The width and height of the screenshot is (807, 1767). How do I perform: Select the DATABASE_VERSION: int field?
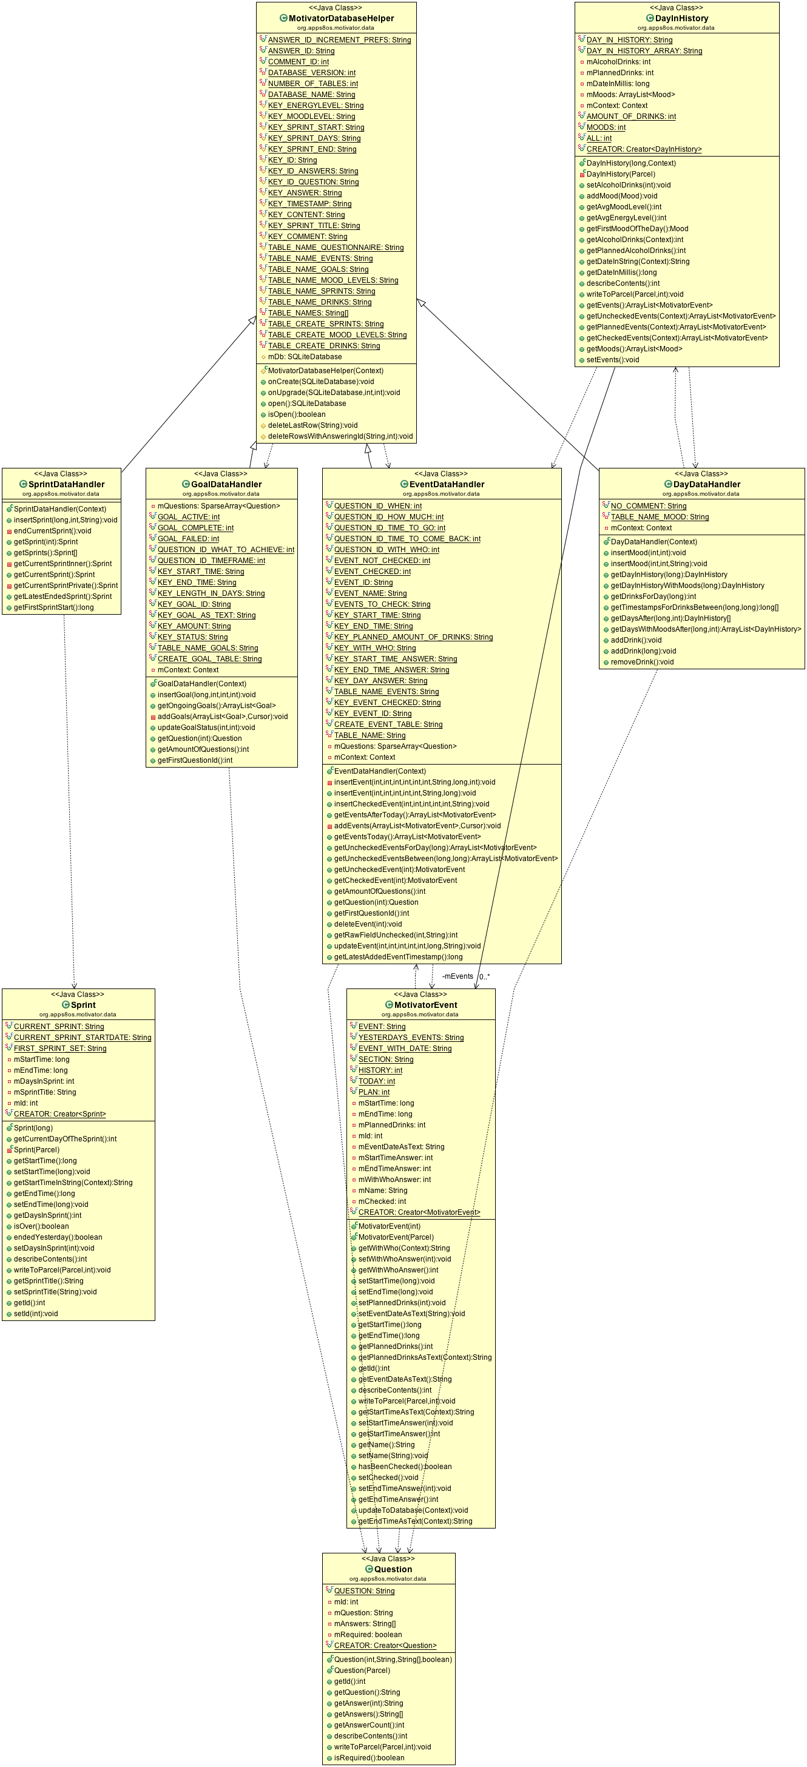311,73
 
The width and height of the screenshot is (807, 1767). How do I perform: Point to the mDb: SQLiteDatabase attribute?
305,357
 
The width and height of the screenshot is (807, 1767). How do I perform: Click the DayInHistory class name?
681,19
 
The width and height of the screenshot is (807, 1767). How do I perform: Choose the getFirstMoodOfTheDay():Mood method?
637,229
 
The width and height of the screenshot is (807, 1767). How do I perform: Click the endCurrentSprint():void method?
52,531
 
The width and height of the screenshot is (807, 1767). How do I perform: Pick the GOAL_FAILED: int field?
188,538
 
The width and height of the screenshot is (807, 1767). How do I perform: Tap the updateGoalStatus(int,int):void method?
206,728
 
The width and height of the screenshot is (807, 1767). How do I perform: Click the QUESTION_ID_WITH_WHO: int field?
386,549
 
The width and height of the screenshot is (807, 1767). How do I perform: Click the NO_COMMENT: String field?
648,506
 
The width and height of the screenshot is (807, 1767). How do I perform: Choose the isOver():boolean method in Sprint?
41,1226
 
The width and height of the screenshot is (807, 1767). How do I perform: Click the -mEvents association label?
458,976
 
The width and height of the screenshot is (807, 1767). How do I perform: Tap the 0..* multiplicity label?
485,977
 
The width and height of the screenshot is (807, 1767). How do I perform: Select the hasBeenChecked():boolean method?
405,1467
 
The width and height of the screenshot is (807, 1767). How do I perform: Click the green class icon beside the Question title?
369,1569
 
